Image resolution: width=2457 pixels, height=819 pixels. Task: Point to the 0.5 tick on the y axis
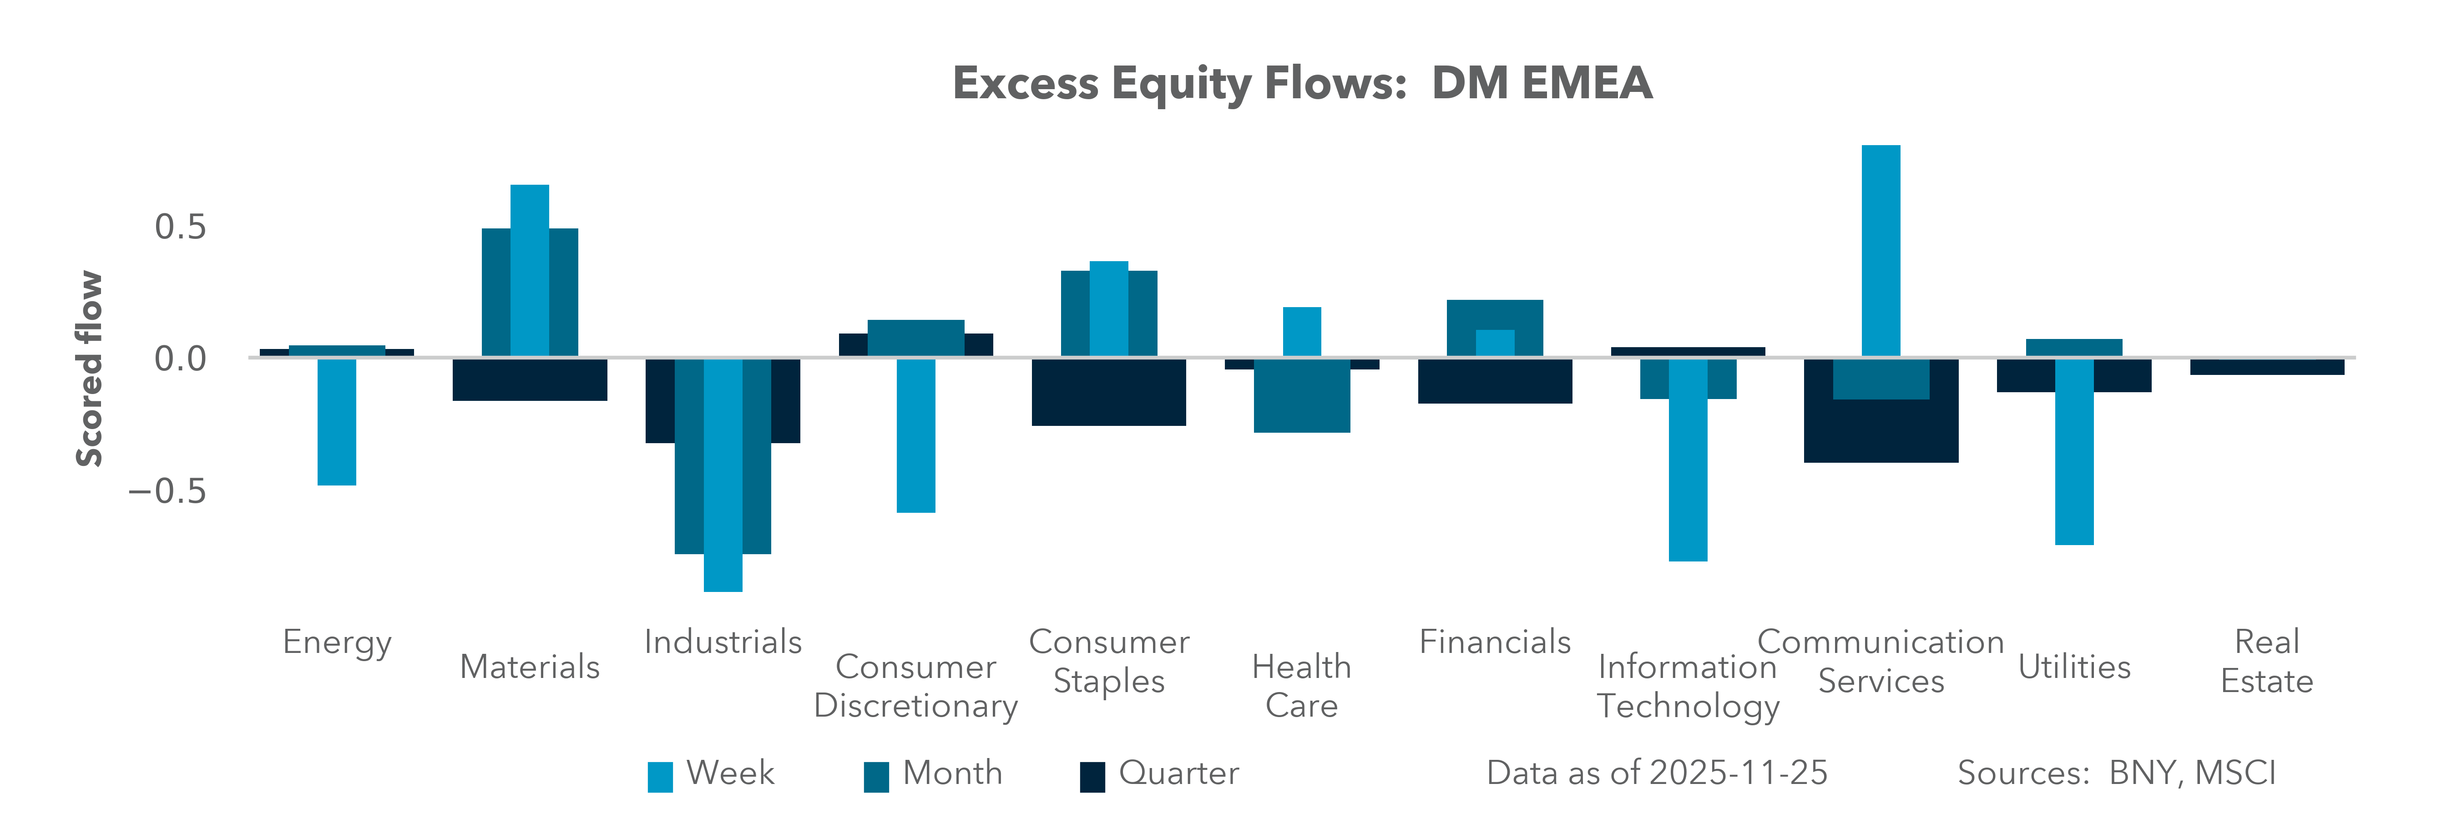tap(180, 227)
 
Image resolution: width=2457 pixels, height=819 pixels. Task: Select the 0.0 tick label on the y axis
tap(180, 359)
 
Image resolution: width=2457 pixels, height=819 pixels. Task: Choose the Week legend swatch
tap(660, 776)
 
